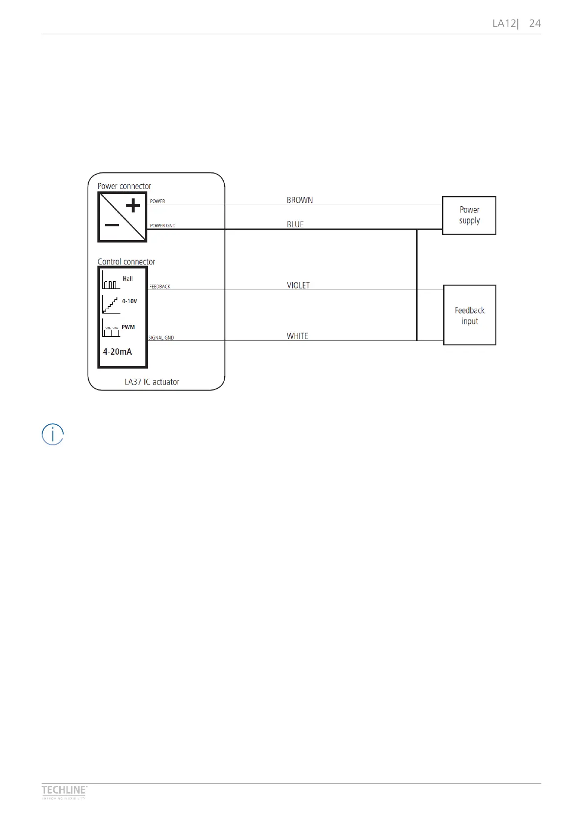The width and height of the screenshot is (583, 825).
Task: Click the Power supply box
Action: coord(469,216)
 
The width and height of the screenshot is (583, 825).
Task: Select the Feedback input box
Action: coord(469,315)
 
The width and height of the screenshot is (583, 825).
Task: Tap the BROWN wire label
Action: coord(300,200)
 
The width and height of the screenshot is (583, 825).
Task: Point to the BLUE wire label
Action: coord(295,224)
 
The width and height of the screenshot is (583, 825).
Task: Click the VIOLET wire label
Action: coord(298,285)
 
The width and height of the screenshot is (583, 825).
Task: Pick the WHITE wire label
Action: coord(297,336)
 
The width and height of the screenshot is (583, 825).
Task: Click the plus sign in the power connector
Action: coord(133,205)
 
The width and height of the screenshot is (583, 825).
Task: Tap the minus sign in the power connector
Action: coord(112,225)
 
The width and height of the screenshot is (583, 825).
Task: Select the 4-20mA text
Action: coord(117,352)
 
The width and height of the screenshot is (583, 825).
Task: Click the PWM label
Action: coord(128,327)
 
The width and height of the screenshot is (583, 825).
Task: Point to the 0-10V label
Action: coord(130,301)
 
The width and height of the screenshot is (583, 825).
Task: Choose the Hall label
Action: coord(128,279)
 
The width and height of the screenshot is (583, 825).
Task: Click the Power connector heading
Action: coord(124,186)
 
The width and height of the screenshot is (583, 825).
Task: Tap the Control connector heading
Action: coord(126,262)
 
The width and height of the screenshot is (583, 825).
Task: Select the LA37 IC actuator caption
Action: coord(152,382)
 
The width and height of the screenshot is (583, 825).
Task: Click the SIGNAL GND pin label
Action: coord(161,338)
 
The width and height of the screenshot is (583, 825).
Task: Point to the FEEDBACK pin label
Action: coord(160,287)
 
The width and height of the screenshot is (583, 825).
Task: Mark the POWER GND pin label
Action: coord(163,226)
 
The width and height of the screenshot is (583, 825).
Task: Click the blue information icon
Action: coord(52,435)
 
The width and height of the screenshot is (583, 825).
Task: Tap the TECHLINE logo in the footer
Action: coord(64,790)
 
